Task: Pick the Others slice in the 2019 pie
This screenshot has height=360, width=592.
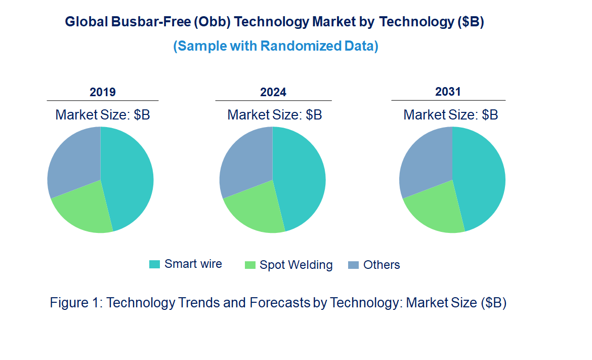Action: pos(73,159)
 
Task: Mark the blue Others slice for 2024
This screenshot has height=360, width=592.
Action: pos(245,159)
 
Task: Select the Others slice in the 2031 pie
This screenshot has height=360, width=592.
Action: pos(425,159)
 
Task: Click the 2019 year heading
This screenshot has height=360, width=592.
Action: pos(103,92)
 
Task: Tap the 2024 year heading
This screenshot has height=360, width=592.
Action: pos(273,92)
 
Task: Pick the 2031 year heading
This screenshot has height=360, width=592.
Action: pos(448,92)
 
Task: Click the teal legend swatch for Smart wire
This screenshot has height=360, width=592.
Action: pos(154,264)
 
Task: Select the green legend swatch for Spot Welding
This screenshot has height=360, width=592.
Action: pos(249,265)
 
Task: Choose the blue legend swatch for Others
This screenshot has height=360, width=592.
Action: pos(353,265)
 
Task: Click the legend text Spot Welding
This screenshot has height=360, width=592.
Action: pos(296,265)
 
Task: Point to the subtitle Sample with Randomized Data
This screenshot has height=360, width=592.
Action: pos(276,46)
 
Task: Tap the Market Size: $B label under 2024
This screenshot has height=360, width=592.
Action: pos(274,114)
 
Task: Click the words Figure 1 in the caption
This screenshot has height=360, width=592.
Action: pos(75,303)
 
